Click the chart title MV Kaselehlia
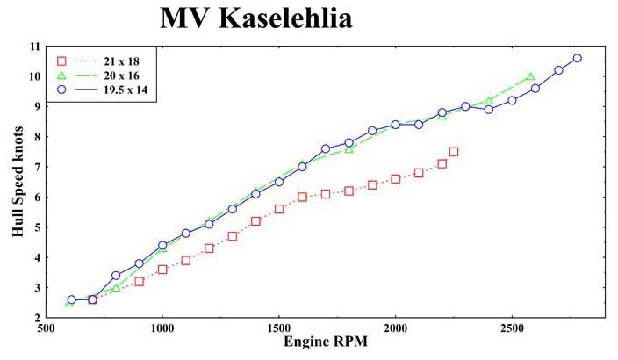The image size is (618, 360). (x=256, y=18)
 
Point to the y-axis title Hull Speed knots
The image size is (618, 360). (x=18, y=182)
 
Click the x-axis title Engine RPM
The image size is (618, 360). (x=325, y=342)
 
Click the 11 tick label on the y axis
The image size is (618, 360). (x=35, y=47)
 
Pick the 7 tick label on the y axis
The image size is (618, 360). (x=38, y=167)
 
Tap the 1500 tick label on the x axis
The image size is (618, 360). (x=278, y=328)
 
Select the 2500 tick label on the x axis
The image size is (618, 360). (x=512, y=328)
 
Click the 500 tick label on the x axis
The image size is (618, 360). (x=47, y=328)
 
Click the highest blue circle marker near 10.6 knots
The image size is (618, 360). (x=578, y=58)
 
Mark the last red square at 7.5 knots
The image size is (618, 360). (x=454, y=152)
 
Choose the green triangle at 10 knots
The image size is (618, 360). (x=530, y=76)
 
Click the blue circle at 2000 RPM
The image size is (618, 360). (x=396, y=125)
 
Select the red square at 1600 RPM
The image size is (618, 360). (x=302, y=198)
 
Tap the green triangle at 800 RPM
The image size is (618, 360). (x=116, y=288)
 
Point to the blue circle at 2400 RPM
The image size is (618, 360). (x=489, y=110)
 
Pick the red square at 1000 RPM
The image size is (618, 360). (x=162, y=270)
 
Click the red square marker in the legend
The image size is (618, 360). (x=61, y=61)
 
